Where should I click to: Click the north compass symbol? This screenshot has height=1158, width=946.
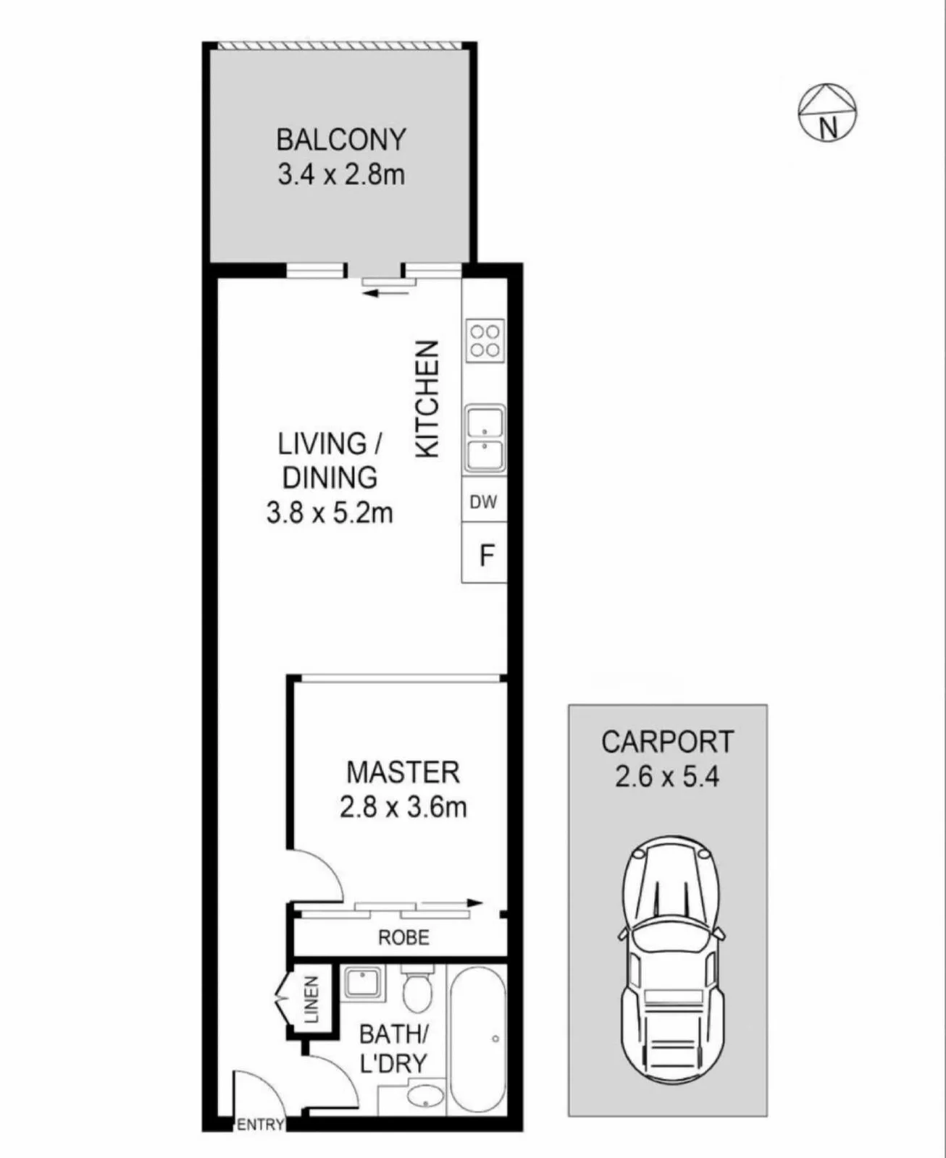(x=827, y=113)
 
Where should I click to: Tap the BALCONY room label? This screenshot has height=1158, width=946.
(x=340, y=140)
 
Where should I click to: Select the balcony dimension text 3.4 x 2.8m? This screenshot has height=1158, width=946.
(x=340, y=175)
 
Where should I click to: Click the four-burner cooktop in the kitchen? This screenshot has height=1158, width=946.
(x=485, y=341)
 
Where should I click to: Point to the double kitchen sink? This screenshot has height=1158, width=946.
(x=485, y=439)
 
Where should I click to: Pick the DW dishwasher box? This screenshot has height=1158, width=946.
(x=484, y=499)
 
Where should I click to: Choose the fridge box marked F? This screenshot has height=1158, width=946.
(x=484, y=553)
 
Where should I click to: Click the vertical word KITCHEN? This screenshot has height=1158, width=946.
(x=427, y=400)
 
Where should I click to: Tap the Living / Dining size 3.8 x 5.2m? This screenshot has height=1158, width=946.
(x=330, y=514)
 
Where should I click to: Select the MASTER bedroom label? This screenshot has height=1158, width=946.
(x=403, y=772)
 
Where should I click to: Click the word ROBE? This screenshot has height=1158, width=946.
(x=404, y=937)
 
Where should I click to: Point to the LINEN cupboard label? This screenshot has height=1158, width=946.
(x=311, y=1000)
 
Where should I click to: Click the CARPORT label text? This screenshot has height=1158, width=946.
(x=667, y=742)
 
